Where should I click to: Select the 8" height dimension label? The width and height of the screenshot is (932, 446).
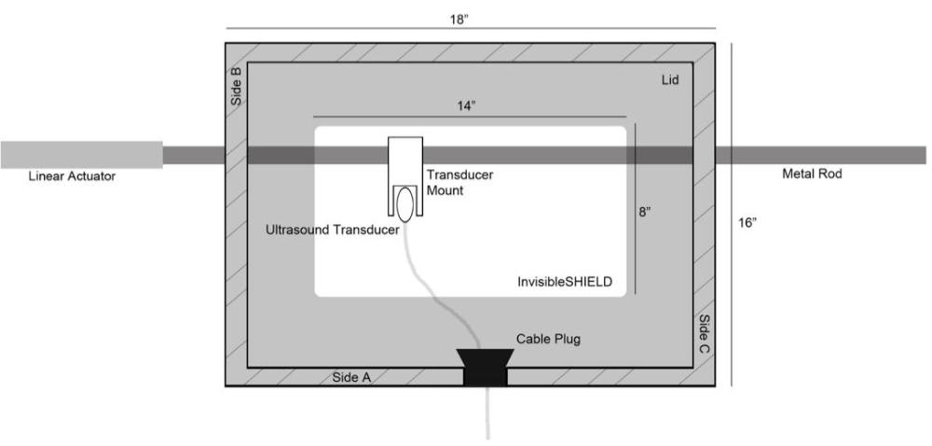645,213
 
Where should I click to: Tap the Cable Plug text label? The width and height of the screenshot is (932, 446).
548,340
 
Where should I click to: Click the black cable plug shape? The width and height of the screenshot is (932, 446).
485,368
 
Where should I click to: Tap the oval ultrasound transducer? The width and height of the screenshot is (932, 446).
405,202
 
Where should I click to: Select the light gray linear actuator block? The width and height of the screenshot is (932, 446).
81,155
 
